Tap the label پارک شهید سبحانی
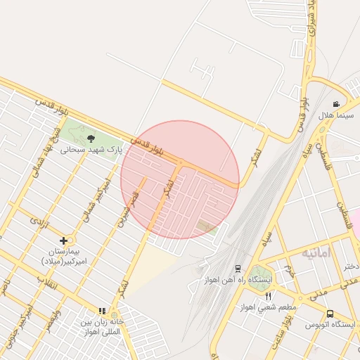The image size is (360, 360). click(x=91, y=149)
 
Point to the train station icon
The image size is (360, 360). click(x=238, y=269)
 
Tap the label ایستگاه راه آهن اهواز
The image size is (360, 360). click(x=238, y=279)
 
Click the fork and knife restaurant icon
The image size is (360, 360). click(x=267, y=297)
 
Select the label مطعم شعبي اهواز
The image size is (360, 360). click(x=267, y=307)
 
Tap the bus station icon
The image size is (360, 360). click(x=330, y=314)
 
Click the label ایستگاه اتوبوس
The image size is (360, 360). click(x=330, y=324)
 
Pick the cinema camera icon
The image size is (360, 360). click(x=336, y=103)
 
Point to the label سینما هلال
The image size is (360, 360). click(x=334, y=115)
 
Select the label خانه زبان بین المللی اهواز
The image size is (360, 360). click(x=103, y=326)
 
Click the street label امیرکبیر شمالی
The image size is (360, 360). click(x=96, y=200)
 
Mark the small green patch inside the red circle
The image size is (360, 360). click(x=206, y=226)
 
